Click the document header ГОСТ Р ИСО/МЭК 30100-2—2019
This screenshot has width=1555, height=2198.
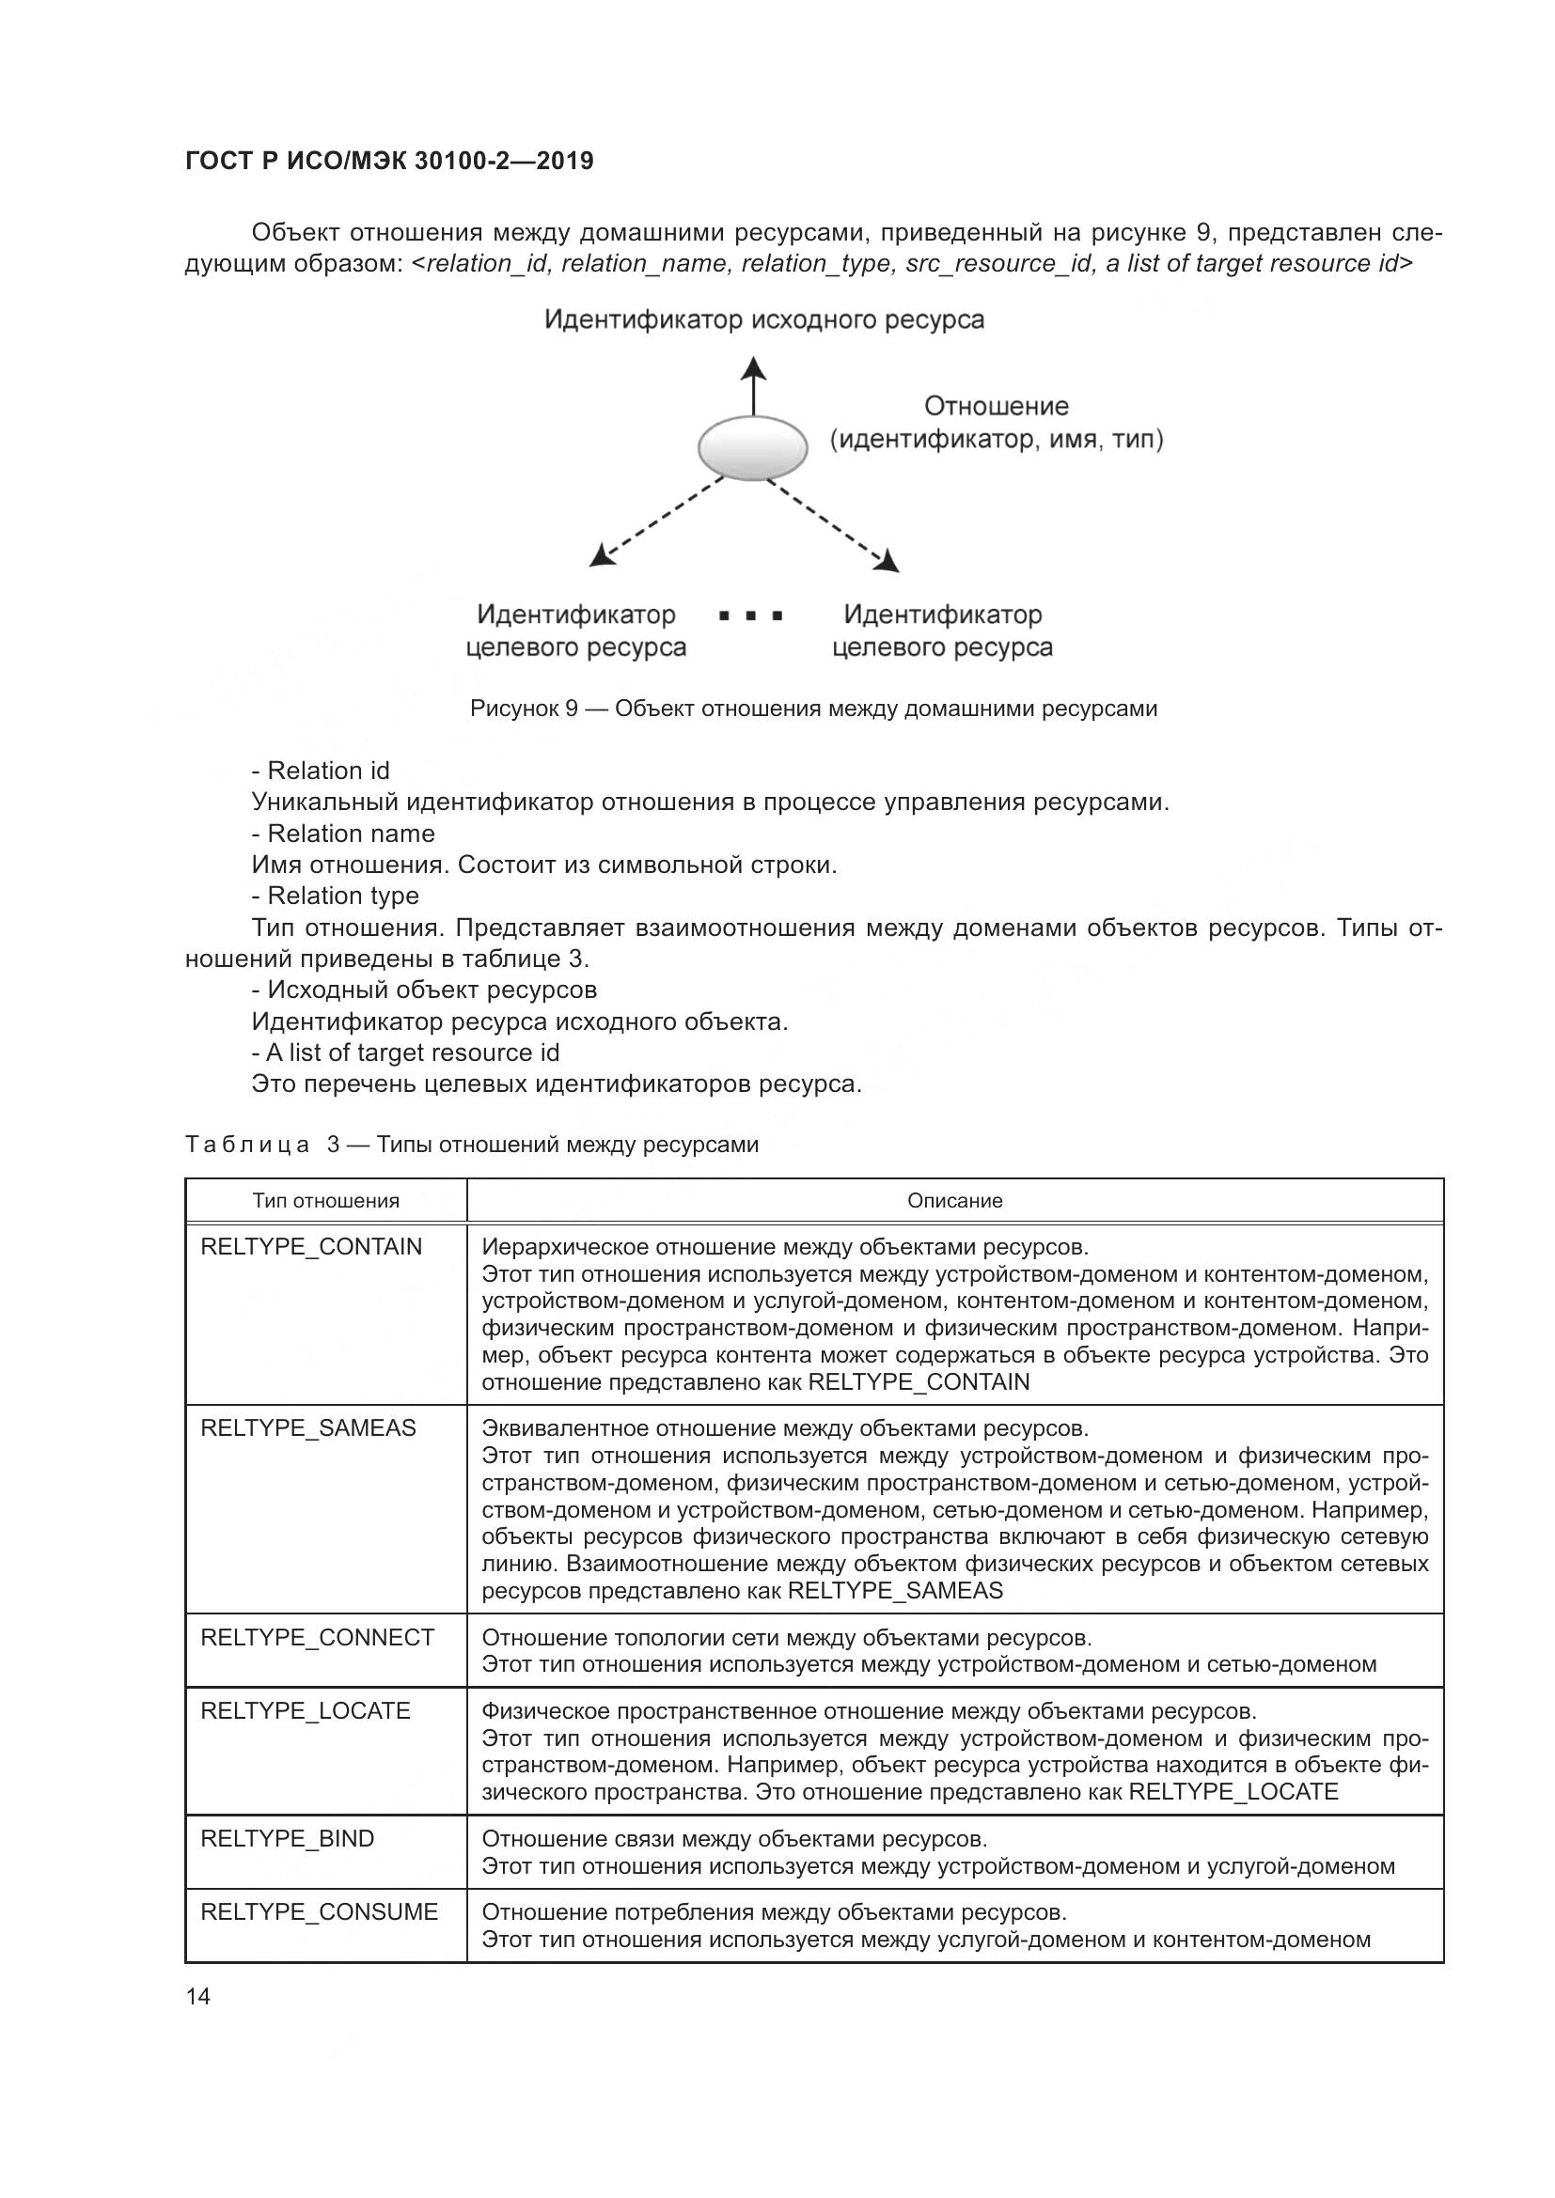click(x=389, y=161)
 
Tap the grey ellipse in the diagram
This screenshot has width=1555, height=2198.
click(x=752, y=448)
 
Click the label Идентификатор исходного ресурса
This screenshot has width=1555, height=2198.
click(x=763, y=319)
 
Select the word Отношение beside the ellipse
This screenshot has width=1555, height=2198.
click(x=996, y=407)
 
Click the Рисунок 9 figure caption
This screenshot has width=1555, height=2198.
click(x=813, y=709)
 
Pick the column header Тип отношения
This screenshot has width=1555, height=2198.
click(x=325, y=1200)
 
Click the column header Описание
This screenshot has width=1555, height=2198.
click(x=954, y=1200)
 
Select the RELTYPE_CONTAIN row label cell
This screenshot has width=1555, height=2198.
click(x=311, y=1246)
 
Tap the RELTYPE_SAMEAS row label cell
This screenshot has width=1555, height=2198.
click(x=308, y=1427)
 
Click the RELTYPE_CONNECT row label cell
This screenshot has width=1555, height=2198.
click(x=317, y=1637)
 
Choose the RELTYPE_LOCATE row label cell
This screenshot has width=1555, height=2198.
click(x=305, y=1710)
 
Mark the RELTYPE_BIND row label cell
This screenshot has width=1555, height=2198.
click(x=288, y=1838)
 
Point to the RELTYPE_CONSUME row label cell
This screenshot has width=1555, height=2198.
click(x=319, y=1911)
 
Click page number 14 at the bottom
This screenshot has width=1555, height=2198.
click(x=198, y=1996)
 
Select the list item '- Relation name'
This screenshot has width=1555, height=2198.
click(x=343, y=833)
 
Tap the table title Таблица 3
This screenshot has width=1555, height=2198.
click(x=471, y=1144)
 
